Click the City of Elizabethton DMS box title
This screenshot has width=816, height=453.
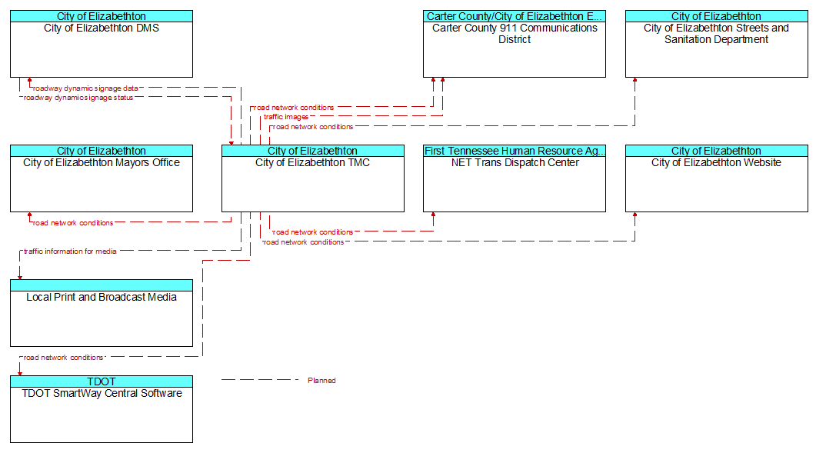tap(102, 28)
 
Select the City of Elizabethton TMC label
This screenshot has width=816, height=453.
tap(312, 162)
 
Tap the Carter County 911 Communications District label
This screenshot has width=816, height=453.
tap(515, 33)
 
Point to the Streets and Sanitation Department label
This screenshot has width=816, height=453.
tap(716, 33)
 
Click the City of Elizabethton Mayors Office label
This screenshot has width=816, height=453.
tap(102, 162)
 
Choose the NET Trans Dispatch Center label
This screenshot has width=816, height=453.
tap(515, 162)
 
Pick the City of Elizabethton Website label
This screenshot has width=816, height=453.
tap(716, 162)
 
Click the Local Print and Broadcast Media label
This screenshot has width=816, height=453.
tap(102, 297)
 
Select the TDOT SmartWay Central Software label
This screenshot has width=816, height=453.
tap(102, 393)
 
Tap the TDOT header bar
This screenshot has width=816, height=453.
tap(102, 381)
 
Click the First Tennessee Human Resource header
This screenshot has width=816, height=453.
tap(515, 151)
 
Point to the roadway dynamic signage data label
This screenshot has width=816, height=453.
tap(85, 88)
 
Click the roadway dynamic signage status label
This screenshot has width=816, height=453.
tap(78, 98)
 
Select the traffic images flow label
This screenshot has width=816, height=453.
tap(285, 117)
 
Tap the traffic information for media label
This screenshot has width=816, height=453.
tap(70, 251)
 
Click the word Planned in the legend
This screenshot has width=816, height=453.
tap(321, 381)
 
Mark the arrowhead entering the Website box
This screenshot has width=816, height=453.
tap(634, 215)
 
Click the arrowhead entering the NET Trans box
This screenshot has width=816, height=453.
tap(433, 215)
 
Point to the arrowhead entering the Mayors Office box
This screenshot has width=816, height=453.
tap(30, 215)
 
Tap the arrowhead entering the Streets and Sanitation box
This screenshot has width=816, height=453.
tap(634, 80)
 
